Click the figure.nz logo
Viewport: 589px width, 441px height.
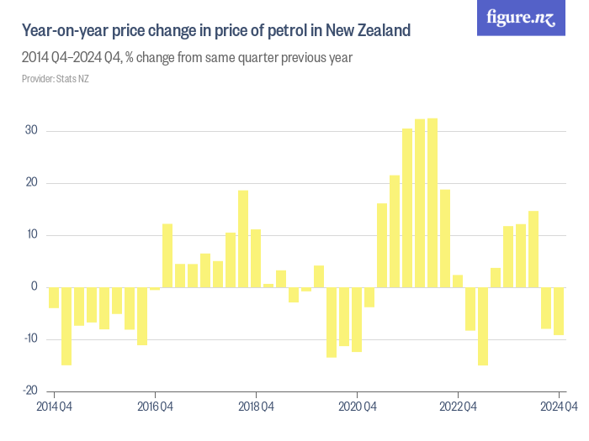(522, 18)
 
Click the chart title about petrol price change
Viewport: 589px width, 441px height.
(216, 31)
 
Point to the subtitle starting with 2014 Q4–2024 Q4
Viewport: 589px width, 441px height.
(187, 58)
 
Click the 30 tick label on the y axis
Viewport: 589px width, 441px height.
(31, 131)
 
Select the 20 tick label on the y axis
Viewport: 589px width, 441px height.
(31, 183)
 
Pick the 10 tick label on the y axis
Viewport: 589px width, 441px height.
(31, 235)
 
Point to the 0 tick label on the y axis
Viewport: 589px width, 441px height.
(34, 287)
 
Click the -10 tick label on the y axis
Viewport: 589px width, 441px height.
(29, 339)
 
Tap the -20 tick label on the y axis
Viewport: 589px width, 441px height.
(29, 391)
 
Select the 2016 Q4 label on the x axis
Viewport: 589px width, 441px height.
(155, 407)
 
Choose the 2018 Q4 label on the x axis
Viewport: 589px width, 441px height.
(256, 407)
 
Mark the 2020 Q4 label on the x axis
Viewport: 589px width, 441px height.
(357, 407)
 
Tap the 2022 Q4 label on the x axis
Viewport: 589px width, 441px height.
(458, 407)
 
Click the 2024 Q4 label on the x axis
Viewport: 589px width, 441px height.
(558, 407)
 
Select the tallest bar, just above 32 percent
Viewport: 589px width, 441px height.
(432, 202)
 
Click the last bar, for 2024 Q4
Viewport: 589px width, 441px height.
(559, 311)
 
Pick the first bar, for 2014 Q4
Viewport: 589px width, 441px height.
(54, 297)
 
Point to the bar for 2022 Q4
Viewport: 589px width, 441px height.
(458, 281)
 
